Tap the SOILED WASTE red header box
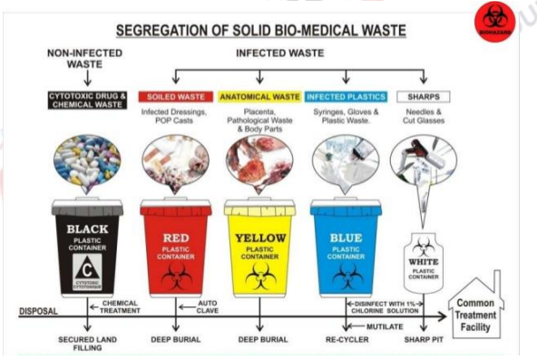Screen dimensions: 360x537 coord(175,97)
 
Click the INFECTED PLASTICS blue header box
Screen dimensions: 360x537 coord(346,97)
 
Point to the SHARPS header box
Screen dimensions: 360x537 coord(424,97)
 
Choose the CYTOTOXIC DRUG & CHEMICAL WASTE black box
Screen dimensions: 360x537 coord(86,97)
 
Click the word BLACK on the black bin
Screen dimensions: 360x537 coord(87,229)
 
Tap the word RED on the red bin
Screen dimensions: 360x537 coord(176,229)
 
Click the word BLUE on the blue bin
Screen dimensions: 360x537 coord(347,229)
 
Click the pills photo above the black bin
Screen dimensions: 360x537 coord(87,163)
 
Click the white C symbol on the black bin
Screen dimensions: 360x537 coord(87,268)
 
